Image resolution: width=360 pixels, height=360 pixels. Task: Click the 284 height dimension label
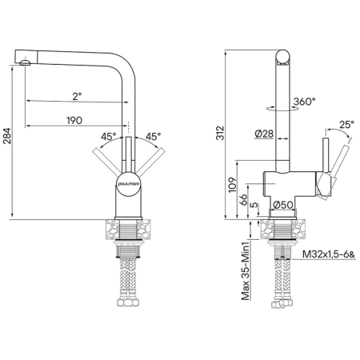point(7,136)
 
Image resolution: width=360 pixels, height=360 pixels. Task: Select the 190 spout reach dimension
point(74,121)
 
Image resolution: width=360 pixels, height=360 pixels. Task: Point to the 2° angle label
point(77,96)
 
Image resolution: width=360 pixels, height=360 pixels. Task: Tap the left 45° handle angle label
point(109,137)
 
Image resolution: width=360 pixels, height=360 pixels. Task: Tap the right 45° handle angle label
point(153,137)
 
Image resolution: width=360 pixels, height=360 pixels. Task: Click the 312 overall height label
point(221,133)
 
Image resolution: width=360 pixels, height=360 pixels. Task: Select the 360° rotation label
point(305,102)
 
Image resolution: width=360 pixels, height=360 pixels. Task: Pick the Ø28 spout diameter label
point(264,134)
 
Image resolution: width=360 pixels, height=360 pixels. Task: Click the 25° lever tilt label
point(346,124)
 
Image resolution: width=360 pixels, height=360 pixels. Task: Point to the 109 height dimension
point(233,184)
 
